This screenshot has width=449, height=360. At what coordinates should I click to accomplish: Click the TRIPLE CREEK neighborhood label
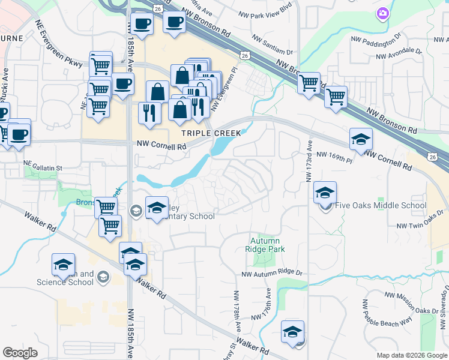click(212, 133)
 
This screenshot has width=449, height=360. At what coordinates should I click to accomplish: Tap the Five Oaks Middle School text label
click(380, 206)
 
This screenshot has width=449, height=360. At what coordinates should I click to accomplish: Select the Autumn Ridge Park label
click(264, 245)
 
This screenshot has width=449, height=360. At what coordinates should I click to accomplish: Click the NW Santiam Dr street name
click(273, 46)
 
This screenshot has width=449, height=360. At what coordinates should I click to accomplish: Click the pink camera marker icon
click(382, 13)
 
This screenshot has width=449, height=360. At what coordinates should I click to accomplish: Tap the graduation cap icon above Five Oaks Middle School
click(325, 192)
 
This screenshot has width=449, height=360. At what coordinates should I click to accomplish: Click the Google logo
click(20, 353)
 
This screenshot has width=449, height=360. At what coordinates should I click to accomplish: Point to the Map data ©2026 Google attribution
click(412, 355)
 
